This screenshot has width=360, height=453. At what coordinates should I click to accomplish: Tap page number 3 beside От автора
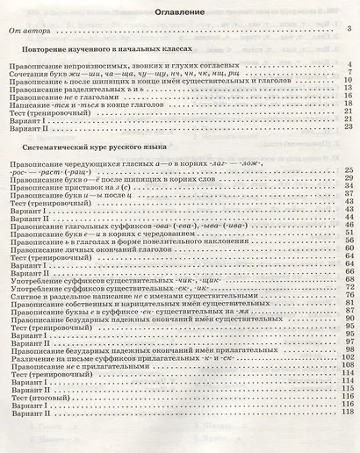pyautogui.click(x=349, y=31)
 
